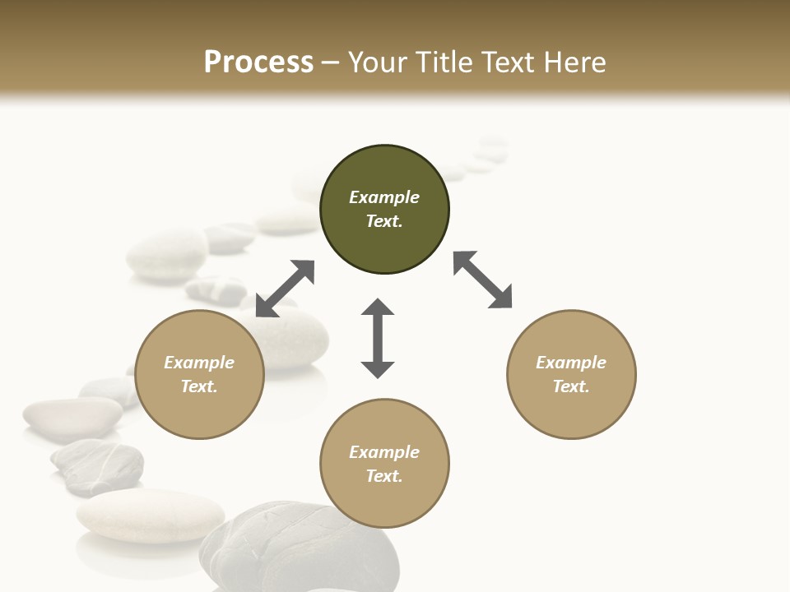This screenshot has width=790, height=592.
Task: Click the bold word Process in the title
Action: (x=258, y=62)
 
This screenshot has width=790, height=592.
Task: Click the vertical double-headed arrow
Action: (x=378, y=338)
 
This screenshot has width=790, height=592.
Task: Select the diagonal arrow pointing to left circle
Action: (x=285, y=288)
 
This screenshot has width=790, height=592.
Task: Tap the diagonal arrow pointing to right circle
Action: (x=483, y=280)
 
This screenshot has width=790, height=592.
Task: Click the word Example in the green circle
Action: (x=384, y=197)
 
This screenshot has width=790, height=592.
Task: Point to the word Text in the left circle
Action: (x=199, y=386)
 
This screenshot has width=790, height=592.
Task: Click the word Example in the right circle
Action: (x=571, y=363)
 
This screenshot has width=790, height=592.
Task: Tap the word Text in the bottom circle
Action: (x=384, y=476)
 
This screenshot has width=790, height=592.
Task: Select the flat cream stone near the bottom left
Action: (x=150, y=515)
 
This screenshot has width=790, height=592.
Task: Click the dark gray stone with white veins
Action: (x=98, y=465)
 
